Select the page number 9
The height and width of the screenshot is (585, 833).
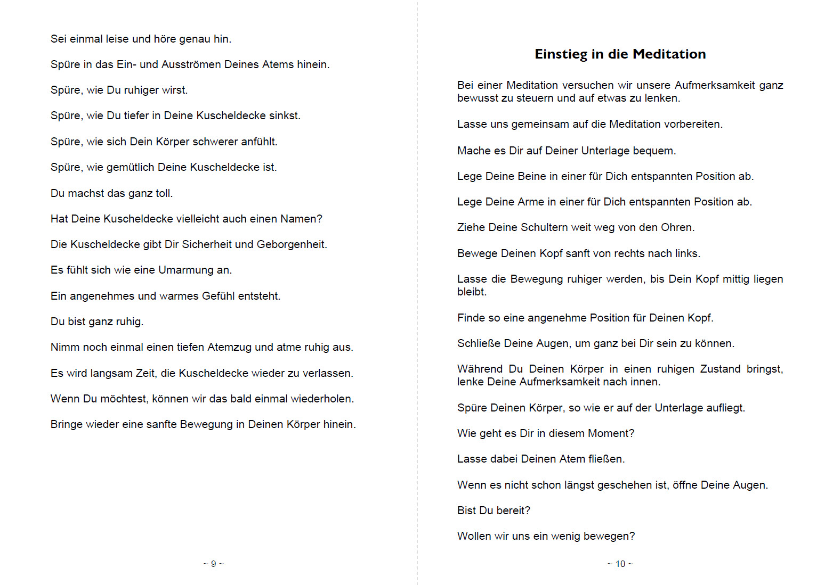(x=213, y=564)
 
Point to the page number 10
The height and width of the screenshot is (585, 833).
(x=620, y=564)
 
